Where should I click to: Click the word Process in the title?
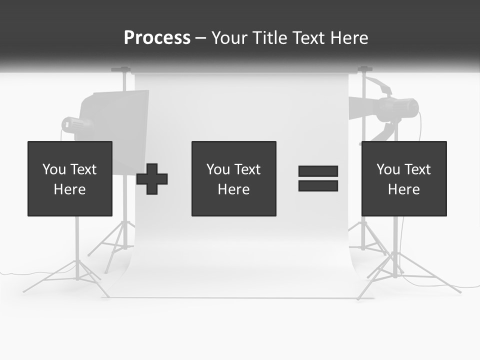(x=157, y=38)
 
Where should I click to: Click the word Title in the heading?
(x=270, y=38)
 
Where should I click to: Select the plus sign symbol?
(x=152, y=179)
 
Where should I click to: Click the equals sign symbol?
(x=318, y=178)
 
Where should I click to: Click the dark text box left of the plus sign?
(x=69, y=178)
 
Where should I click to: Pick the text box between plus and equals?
(x=233, y=178)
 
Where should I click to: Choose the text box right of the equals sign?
(x=403, y=178)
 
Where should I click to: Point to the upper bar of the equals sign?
(x=318, y=171)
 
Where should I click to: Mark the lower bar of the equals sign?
(x=318, y=186)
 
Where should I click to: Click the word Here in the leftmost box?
(x=69, y=189)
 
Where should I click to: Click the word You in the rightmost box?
(x=388, y=169)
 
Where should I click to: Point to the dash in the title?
(x=201, y=38)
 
